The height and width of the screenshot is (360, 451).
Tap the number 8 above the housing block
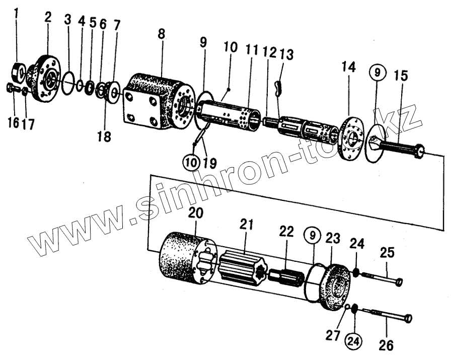pos(161,36)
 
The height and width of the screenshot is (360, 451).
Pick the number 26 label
pos(387,346)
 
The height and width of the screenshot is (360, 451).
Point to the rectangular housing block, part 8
pos(157,103)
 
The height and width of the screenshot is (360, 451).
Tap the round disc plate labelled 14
pos(351,139)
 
